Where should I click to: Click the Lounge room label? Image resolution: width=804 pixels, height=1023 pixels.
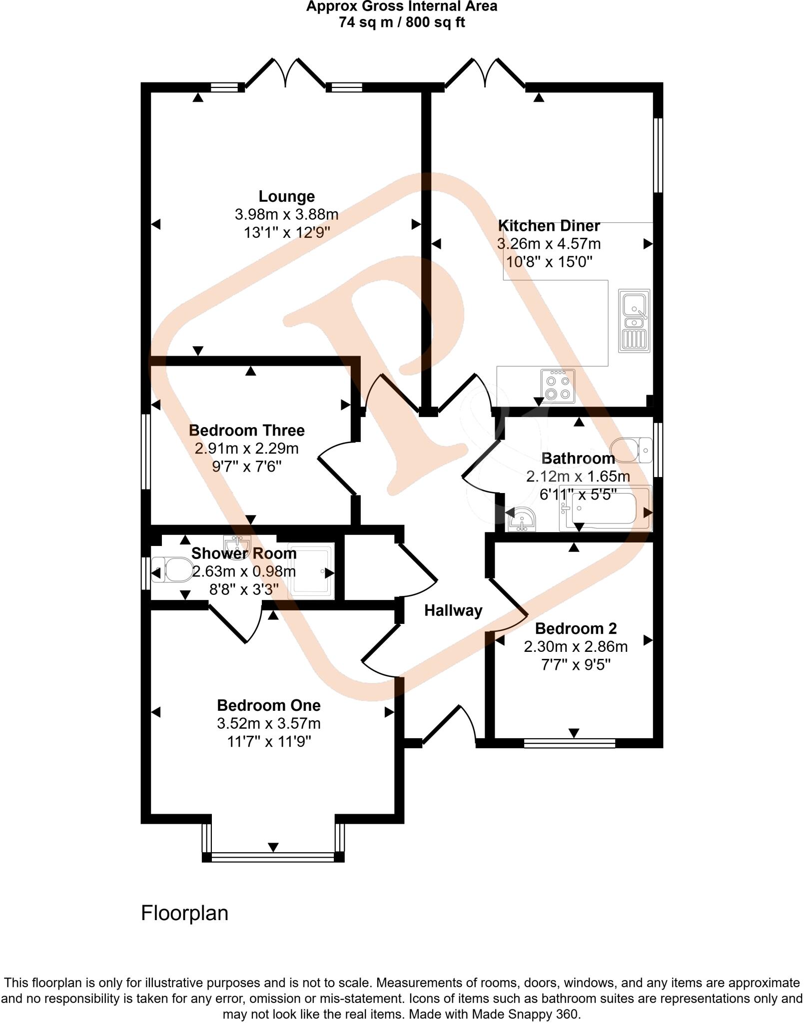[x=286, y=196]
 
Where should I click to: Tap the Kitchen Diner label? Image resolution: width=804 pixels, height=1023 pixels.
[x=549, y=226]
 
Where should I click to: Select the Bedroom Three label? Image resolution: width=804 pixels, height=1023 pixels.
[x=246, y=430]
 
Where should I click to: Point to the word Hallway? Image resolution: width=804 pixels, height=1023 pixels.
[x=453, y=610]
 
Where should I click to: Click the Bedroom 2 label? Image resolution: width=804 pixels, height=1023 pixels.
[x=576, y=628]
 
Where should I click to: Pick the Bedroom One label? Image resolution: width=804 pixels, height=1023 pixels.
[x=268, y=705]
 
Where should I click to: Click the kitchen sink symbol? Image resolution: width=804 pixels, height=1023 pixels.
[x=634, y=320]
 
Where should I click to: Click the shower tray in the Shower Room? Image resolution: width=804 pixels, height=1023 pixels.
[x=311, y=571]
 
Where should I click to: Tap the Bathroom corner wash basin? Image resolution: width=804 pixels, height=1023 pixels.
[x=522, y=519]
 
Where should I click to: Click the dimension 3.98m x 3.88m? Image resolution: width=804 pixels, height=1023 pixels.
[x=286, y=215]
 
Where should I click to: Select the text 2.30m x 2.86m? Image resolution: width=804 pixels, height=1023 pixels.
[x=576, y=646]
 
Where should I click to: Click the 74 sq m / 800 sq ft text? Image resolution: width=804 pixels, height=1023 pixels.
[x=402, y=22]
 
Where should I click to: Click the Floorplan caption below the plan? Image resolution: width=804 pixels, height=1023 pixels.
[x=184, y=913]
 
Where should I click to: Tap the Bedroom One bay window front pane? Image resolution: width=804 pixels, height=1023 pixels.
[x=273, y=857]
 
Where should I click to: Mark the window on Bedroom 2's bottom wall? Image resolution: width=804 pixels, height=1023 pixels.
[x=569, y=744]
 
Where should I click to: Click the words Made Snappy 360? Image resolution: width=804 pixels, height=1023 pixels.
[x=532, y=1015]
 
